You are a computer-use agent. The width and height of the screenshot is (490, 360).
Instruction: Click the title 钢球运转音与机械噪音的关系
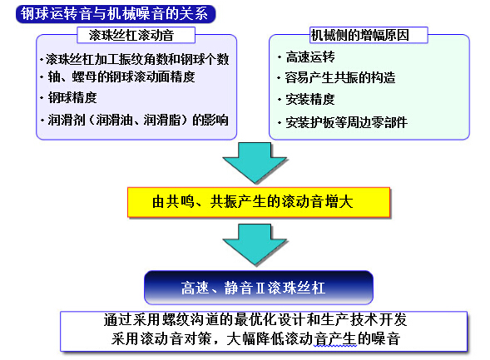tap(114, 14)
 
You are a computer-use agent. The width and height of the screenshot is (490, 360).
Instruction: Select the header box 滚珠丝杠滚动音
tap(136, 35)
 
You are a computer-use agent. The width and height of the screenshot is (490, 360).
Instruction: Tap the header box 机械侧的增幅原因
tap(369, 35)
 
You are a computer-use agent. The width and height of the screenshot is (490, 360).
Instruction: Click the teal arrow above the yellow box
tap(255, 162)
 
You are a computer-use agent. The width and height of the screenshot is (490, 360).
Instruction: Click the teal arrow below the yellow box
tap(255, 244)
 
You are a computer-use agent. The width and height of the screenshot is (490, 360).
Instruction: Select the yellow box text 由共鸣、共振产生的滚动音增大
tap(253, 202)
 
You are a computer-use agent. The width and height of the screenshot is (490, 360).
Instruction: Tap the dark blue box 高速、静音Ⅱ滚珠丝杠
tap(259, 287)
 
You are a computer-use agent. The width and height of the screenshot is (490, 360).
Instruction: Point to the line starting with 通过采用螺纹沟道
tap(255, 320)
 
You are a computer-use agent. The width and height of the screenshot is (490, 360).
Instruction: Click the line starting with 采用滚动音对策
tap(255, 338)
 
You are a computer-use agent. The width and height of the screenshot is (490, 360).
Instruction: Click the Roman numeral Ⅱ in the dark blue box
tap(260, 288)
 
